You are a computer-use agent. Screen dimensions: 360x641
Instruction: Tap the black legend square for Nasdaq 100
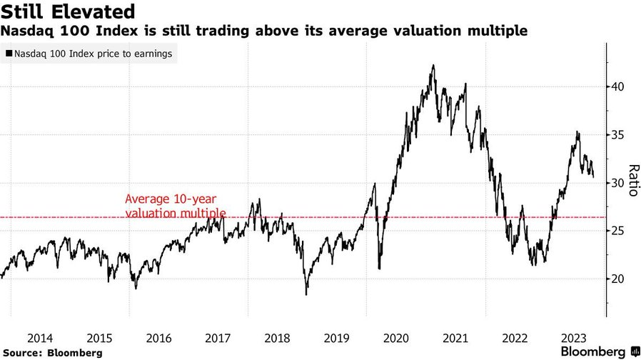pyautogui.click(x=9, y=54)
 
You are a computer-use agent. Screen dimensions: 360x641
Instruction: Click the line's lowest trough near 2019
pyautogui.click(x=306, y=294)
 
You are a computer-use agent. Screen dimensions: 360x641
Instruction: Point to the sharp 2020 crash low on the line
pyautogui.click(x=379, y=269)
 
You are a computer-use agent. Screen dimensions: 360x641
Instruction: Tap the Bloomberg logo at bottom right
pyautogui.click(x=592, y=351)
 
